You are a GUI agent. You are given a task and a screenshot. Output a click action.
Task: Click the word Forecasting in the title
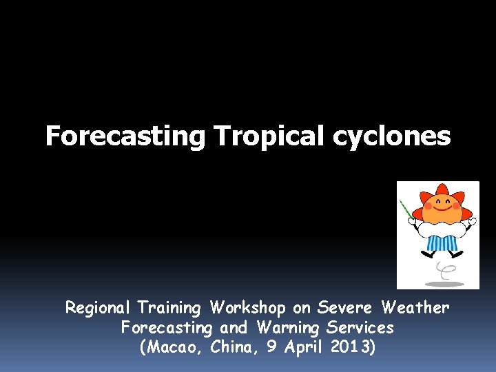[125, 136]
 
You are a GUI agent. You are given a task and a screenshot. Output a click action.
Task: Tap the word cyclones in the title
[391, 136]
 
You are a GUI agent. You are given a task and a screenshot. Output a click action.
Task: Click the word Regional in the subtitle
[99, 307]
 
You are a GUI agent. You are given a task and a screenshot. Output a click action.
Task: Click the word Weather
[415, 307]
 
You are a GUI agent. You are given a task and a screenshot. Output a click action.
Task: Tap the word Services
[360, 327]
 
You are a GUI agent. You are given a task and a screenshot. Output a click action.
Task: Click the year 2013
[352, 347]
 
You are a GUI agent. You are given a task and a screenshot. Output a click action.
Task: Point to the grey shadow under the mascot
[444, 283]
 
